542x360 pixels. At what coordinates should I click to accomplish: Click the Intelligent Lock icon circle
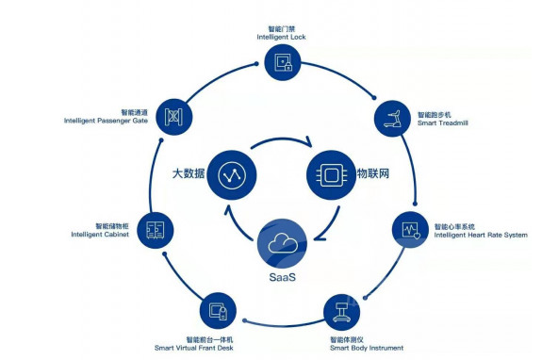283,62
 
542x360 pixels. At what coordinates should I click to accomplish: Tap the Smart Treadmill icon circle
392,119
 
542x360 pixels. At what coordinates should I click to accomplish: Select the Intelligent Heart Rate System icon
410,229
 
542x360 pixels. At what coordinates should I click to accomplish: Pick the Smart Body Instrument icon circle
342,312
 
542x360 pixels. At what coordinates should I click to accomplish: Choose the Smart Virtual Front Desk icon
218,311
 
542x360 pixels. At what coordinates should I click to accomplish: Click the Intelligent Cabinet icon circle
156,230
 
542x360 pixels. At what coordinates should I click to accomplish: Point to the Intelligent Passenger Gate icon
173,117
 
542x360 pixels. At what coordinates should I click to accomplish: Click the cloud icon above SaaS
283,243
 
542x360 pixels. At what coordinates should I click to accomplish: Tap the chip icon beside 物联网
331,175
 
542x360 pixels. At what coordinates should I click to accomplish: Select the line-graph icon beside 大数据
232,175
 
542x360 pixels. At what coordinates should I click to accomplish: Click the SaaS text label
283,277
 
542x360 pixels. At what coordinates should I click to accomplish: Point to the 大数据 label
189,173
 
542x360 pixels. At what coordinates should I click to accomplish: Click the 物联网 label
373,173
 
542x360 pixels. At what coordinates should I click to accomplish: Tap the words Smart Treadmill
443,123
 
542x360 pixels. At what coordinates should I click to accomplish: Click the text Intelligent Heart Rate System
481,235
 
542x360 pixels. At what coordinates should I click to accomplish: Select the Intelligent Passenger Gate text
106,121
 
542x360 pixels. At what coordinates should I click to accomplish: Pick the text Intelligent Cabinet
100,235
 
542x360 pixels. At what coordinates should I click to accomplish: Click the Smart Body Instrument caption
367,348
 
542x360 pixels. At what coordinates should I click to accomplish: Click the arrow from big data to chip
282,139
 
